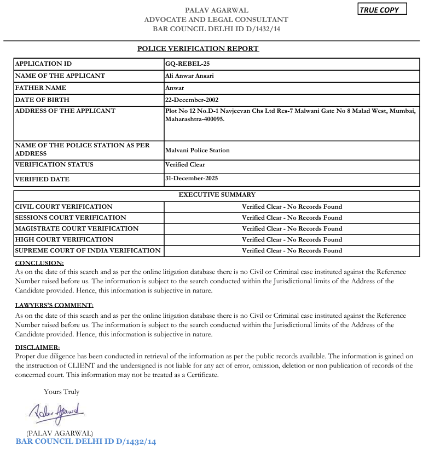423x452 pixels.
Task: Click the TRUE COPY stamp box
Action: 383,10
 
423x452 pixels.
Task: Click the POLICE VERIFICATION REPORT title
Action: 198,49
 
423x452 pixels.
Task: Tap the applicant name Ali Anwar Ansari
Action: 189,76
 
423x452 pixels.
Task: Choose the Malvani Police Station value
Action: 197,150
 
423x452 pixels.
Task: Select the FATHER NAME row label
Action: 40,88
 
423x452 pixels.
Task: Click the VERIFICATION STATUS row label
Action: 54,164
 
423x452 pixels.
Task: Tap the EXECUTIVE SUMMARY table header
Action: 217,194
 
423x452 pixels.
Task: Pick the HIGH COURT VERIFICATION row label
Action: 64,239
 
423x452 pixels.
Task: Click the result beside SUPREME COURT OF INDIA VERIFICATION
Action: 292,250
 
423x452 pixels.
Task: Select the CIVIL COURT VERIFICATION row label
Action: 63,207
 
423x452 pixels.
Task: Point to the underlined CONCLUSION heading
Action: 39,264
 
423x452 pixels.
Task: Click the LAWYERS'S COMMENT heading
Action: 54,305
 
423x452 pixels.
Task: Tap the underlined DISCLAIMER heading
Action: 37,347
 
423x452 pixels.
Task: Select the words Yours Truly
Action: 61,392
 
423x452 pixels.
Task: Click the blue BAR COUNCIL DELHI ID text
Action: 85,442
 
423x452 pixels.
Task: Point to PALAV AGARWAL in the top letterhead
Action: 217,10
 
